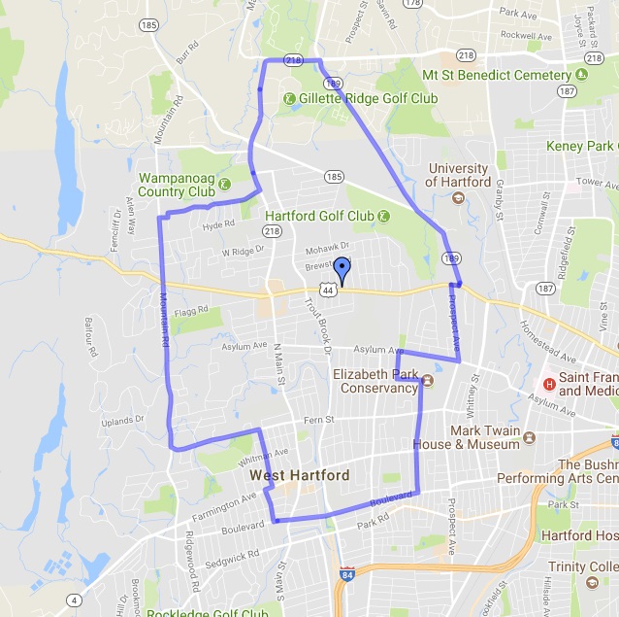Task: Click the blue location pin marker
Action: (x=342, y=270)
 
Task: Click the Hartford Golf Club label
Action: (x=319, y=216)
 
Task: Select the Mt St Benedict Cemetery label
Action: (x=497, y=76)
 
